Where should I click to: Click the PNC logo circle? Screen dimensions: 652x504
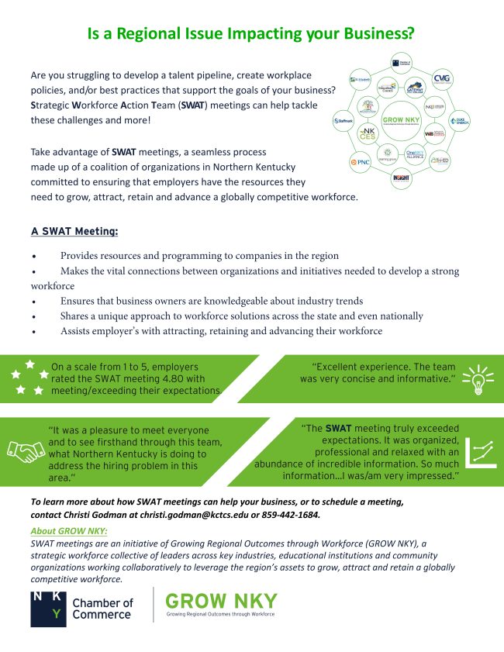click(361, 163)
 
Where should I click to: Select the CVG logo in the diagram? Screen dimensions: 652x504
click(441, 78)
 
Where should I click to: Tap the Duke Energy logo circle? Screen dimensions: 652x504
click(459, 121)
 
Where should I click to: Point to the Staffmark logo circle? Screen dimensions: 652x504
click(343, 121)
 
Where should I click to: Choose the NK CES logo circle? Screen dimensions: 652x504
click(367, 135)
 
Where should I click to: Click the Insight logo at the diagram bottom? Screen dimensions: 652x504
click(401, 179)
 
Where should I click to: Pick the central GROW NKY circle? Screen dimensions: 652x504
click(402, 120)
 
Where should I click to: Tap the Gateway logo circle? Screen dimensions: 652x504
click(415, 89)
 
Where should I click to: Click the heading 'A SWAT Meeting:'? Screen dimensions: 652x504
click(74, 231)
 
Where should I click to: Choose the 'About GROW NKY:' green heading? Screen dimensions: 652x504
click(69, 531)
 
